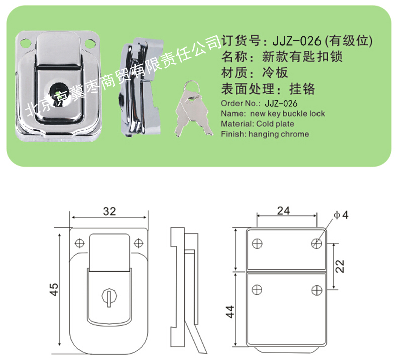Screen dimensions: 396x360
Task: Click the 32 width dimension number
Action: tap(109, 211)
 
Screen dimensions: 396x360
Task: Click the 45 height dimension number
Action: tap(54, 289)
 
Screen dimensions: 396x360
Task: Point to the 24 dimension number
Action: tap(284, 211)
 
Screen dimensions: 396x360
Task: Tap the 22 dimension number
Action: tap(340, 266)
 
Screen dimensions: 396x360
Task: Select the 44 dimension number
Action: tap(230, 312)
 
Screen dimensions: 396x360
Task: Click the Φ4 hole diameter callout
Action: tap(341, 215)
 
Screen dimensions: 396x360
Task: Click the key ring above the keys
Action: tap(191, 86)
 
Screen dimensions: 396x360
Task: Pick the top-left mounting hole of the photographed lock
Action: tap(26, 43)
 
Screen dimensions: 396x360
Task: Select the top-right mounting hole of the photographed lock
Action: tap(90, 44)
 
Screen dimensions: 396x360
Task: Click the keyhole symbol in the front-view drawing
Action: tap(109, 297)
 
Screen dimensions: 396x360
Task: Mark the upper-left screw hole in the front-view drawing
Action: tap(80, 243)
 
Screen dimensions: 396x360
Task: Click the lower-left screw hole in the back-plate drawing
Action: tap(257, 290)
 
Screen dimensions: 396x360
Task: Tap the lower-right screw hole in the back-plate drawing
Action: tap(316, 290)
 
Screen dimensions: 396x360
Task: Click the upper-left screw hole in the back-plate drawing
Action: tap(257, 244)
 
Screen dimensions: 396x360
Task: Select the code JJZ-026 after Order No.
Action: tap(281, 103)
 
